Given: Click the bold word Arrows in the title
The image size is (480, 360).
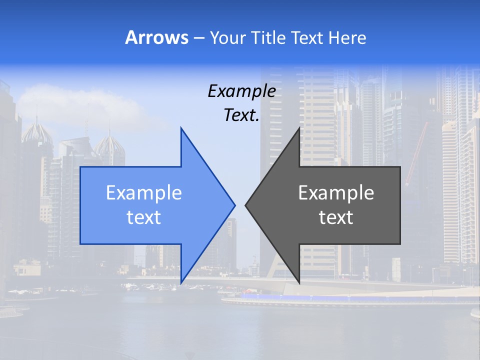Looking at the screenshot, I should click(x=156, y=37).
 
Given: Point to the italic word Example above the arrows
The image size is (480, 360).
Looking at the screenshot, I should click(x=241, y=91).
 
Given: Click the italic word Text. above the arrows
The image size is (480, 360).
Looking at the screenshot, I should click(x=241, y=115).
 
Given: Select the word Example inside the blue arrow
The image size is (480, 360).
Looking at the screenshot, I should click(x=144, y=192).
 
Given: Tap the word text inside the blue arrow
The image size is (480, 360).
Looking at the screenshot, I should click(x=144, y=217).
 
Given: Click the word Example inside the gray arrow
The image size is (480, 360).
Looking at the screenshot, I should click(x=336, y=192).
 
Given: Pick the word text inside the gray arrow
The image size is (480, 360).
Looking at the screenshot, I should click(x=336, y=217).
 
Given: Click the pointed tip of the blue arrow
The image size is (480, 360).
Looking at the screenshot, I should click(x=234, y=205).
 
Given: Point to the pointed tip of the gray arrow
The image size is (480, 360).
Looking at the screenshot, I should click(x=246, y=205).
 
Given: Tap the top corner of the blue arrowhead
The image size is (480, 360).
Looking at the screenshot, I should click(x=181, y=128).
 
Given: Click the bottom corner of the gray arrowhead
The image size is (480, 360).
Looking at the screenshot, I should click(x=299, y=282).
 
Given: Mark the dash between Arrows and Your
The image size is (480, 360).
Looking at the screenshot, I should click(x=198, y=38).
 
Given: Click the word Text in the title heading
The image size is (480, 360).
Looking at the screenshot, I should click(x=306, y=37).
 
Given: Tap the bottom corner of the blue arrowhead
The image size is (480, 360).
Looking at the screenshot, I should click(x=181, y=282).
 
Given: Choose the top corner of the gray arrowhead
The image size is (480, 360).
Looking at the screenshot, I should click(x=299, y=128).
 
